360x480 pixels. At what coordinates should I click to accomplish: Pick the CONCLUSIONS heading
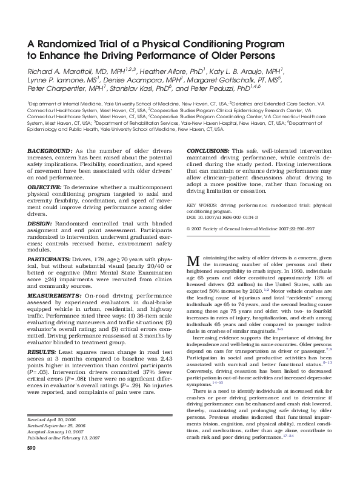coord(208,150)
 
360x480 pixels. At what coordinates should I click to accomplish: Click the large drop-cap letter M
coord(194,262)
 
